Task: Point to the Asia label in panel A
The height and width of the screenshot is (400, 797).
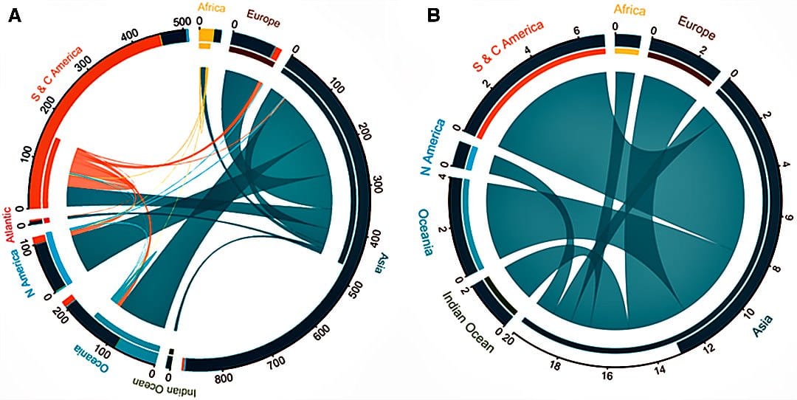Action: pos(383,269)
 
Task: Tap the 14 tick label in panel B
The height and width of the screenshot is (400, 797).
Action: pos(659,368)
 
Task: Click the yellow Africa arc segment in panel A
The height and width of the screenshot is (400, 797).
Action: pos(207,36)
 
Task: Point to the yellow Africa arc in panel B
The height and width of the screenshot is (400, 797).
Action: pos(627,51)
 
